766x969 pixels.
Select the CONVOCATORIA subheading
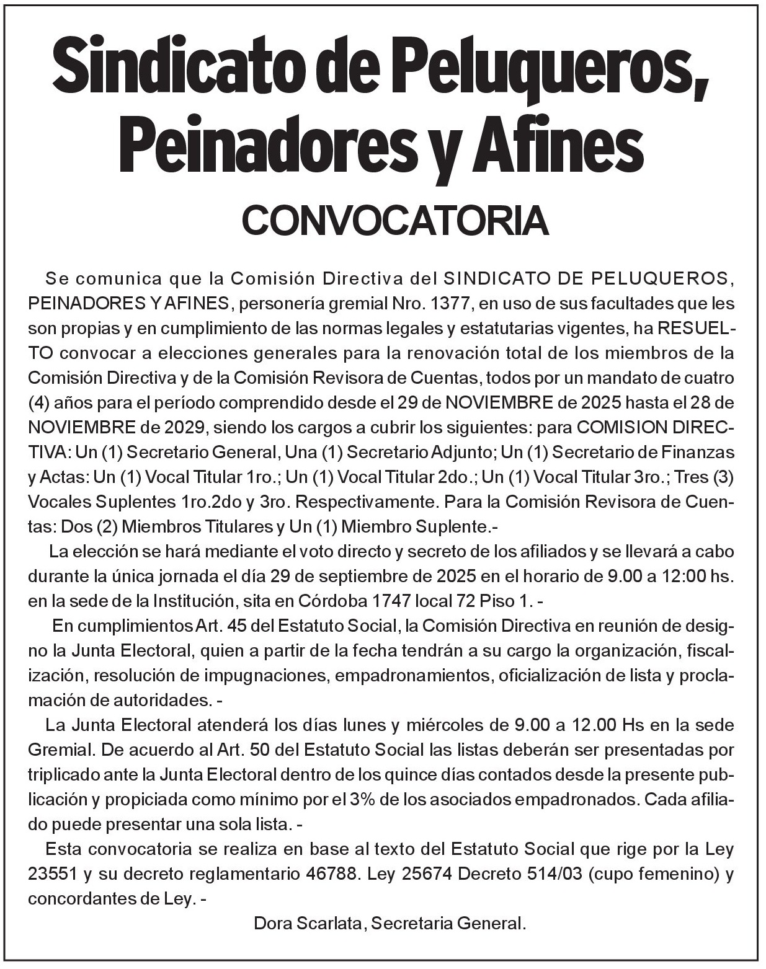[x=396, y=221]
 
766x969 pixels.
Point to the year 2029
[x=184, y=428]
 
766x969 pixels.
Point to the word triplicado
[x=66, y=774]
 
